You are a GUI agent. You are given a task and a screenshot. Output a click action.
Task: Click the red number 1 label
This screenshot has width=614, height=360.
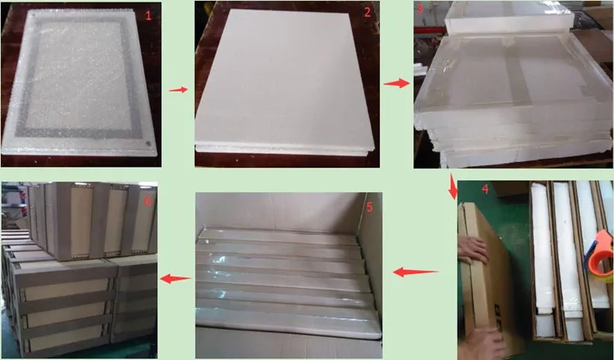[x=147, y=16]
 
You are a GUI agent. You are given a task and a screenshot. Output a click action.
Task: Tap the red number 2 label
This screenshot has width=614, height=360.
[x=368, y=12]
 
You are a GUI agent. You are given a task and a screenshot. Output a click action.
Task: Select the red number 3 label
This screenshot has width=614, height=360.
[x=421, y=10]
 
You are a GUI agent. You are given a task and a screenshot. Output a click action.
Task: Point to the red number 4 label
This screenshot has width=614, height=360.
[x=485, y=189]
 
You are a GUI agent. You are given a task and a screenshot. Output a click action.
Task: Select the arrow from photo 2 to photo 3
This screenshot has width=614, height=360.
[x=396, y=83]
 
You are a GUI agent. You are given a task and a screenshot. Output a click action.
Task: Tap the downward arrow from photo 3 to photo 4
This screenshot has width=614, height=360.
[x=453, y=187]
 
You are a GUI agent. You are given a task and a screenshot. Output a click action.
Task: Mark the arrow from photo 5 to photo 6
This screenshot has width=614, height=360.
[x=175, y=278]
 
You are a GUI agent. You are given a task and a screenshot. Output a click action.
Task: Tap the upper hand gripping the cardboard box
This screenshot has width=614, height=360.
[x=472, y=250]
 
